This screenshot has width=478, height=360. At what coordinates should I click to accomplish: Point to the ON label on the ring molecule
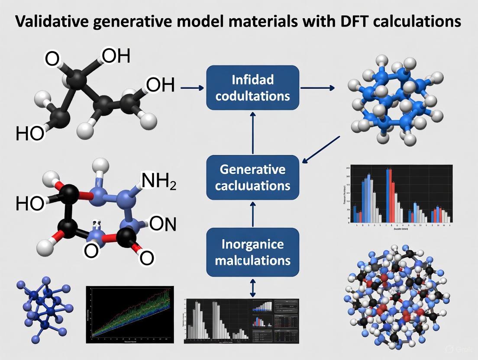[x=162, y=224]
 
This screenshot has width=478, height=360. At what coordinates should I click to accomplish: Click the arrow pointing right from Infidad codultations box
[x=317, y=88]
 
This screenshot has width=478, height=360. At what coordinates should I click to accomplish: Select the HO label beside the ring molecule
[x=30, y=203]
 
